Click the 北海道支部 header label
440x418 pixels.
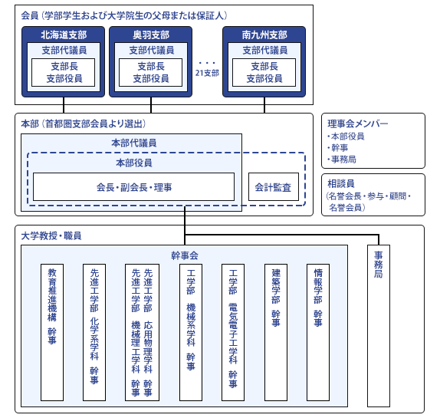click(64, 35)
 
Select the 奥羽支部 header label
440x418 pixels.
click(151, 35)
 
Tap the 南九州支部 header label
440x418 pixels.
click(264, 35)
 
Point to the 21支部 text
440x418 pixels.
click(207, 73)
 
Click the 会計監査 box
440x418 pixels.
click(274, 186)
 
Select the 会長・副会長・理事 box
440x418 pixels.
click(133, 186)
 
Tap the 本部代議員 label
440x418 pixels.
click(134, 143)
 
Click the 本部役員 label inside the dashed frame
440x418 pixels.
click(134, 163)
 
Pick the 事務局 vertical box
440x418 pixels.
click(379, 326)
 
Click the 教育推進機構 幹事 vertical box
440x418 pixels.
click(52, 332)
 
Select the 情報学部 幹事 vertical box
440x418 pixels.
click(318, 332)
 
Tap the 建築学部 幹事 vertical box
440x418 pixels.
click(276, 332)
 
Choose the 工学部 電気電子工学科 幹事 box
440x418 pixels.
click(233, 332)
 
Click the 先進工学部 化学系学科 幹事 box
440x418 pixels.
click(94, 332)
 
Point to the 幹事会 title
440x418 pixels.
click(185, 255)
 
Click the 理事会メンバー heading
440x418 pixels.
click(358, 123)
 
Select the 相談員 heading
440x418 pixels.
click(341, 183)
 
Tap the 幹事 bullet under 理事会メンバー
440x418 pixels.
click(338, 148)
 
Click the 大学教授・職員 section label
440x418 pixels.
click(51, 235)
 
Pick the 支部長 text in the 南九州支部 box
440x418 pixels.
click(264, 66)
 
